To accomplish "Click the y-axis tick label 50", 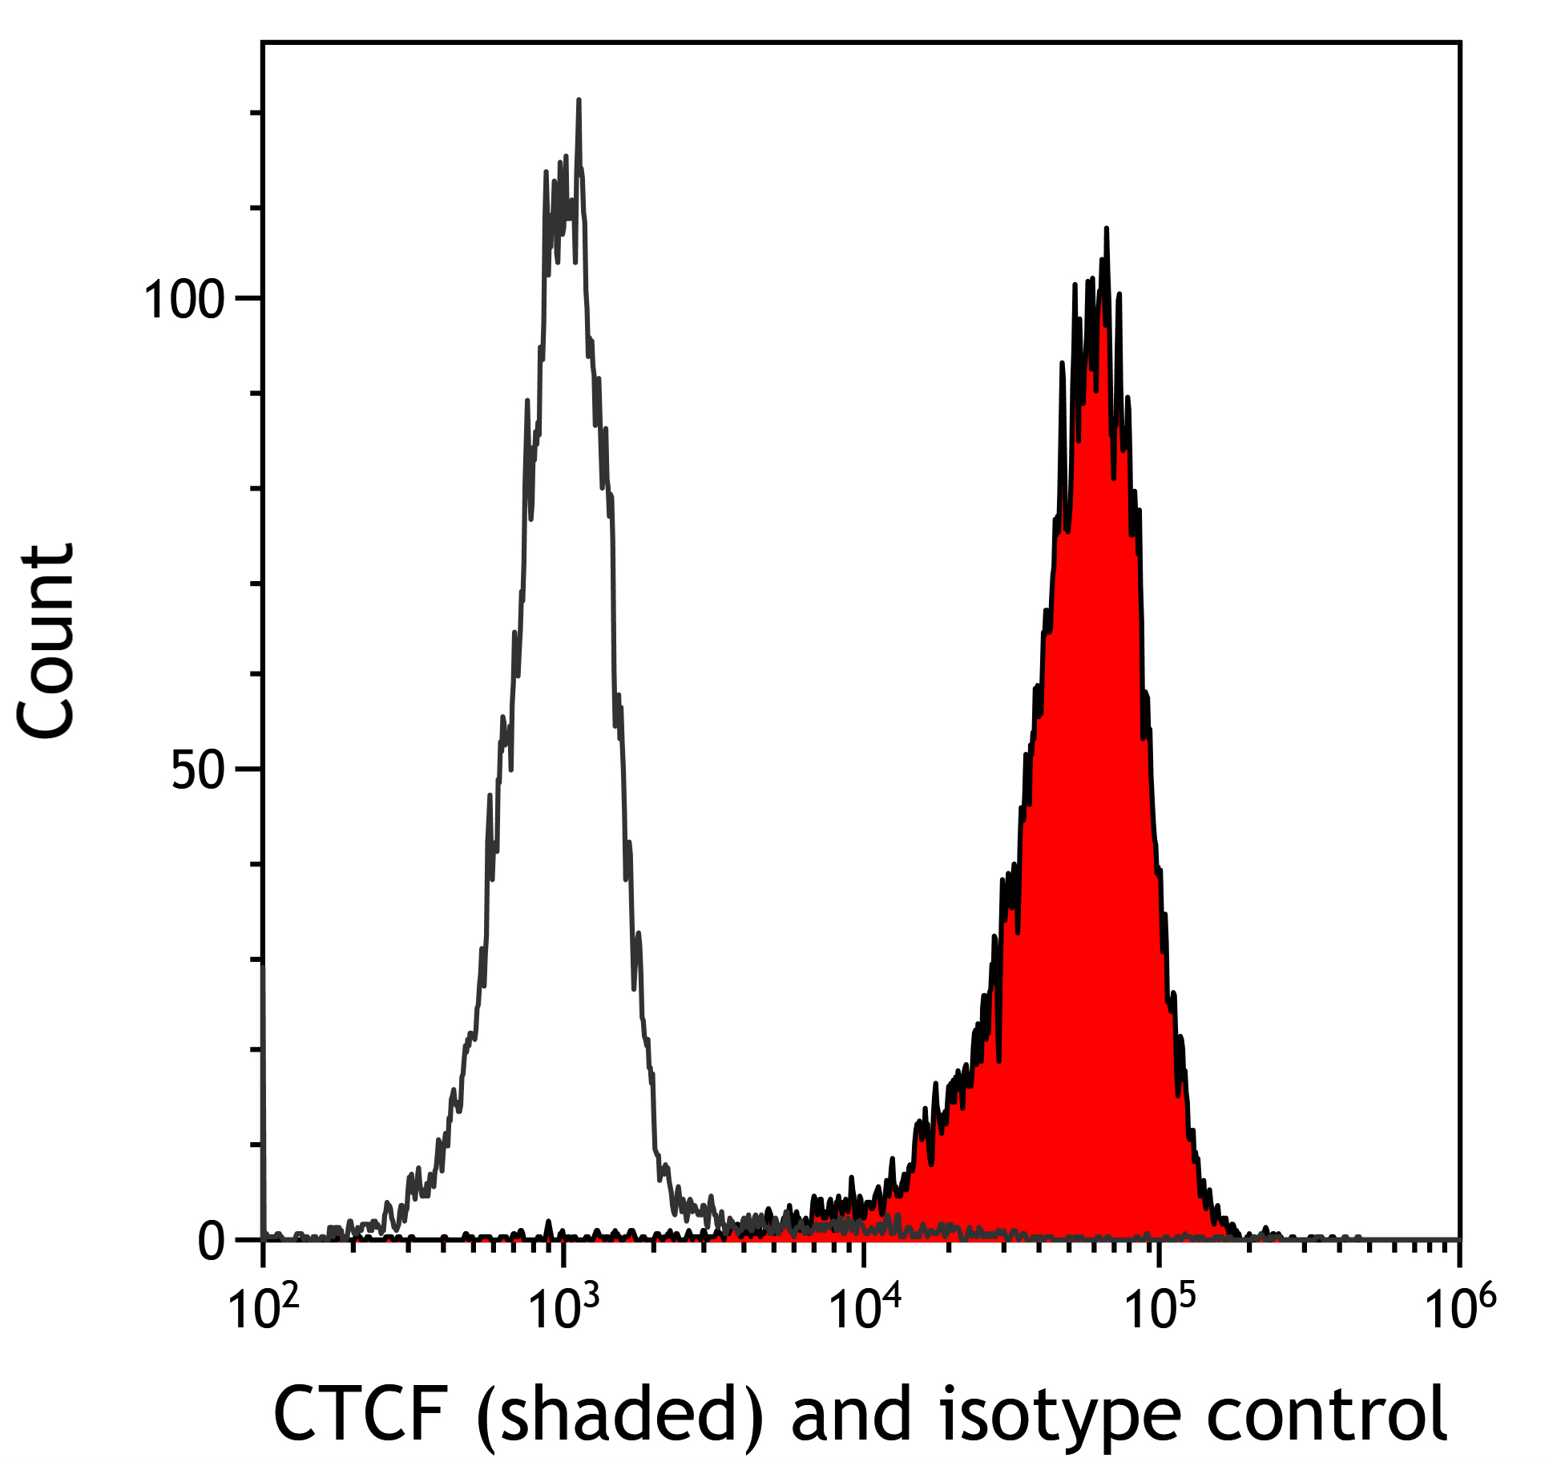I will point(197,771).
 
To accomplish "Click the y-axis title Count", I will point(46,641).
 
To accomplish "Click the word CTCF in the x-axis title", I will point(360,1414).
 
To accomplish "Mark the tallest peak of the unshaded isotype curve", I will point(578,101).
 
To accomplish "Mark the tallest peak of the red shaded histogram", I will point(1106,229).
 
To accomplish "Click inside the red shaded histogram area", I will point(1098,802).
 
